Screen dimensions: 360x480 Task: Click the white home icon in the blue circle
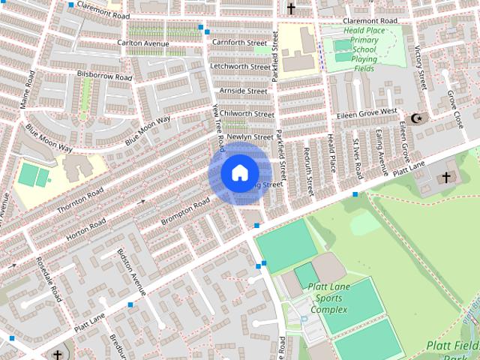click(x=238, y=172)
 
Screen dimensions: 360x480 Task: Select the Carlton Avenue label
click(x=143, y=43)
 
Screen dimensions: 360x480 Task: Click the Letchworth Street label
click(x=240, y=67)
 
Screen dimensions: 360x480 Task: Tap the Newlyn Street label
click(x=249, y=137)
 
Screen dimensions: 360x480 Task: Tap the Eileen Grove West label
click(x=367, y=111)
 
